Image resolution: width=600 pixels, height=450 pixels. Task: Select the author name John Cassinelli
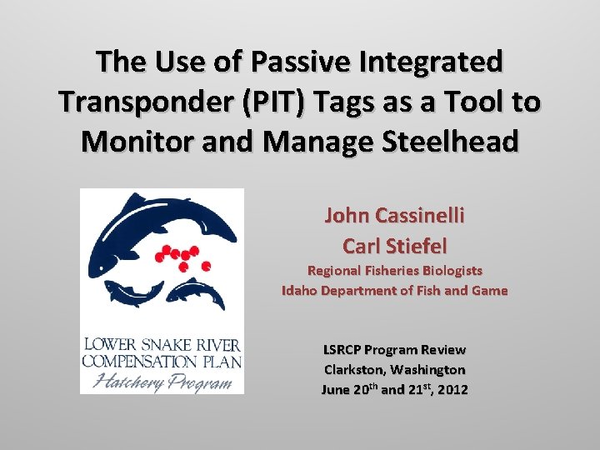point(394,216)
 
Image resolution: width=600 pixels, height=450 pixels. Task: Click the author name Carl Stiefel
point(394,246)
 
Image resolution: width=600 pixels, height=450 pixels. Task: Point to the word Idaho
point(298,291)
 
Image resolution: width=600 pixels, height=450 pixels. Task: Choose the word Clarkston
point(353,369)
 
